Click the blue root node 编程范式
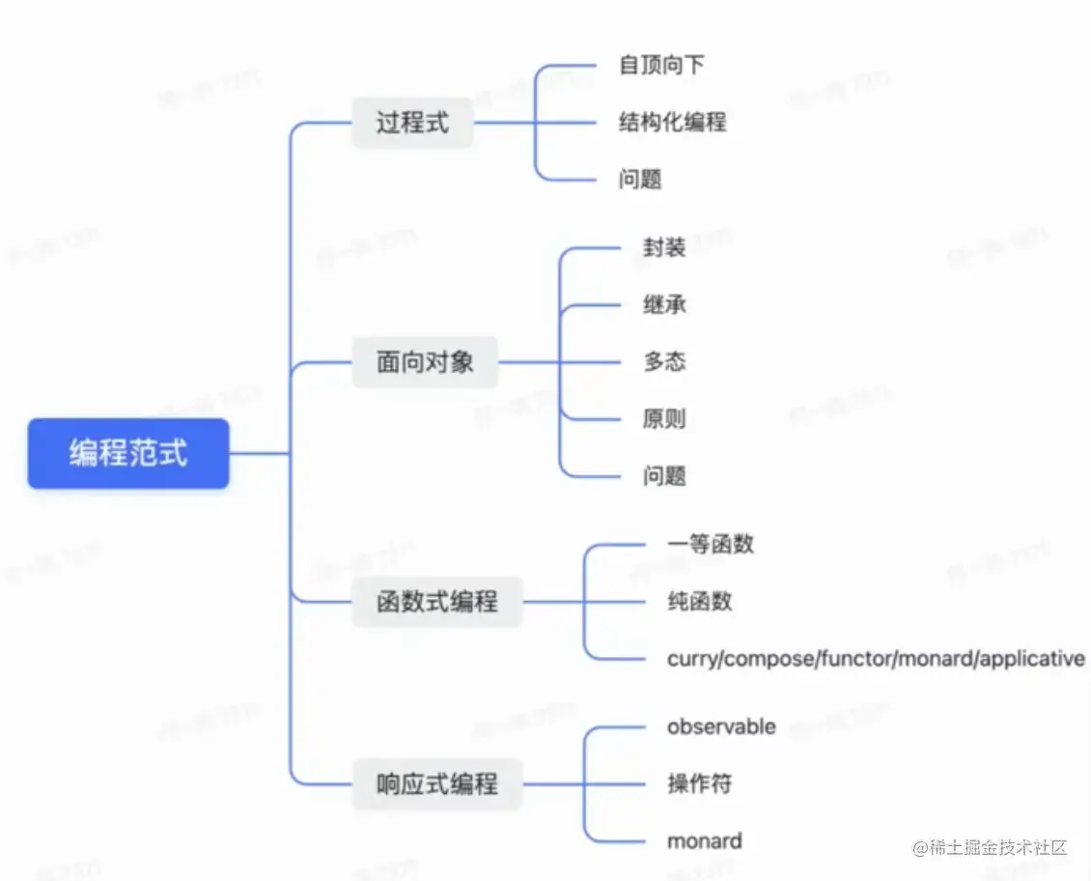128,453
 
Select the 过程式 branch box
412,123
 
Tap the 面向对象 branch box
425,362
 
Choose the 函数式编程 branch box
436,602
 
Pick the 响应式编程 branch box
436,783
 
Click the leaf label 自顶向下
661,65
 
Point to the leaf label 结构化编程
672,122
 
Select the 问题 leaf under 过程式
640,180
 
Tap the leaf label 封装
664,247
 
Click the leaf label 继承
664,304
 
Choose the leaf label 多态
664,361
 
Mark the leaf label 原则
664,418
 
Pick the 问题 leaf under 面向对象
664,475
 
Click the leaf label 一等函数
710,544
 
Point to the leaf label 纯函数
699,601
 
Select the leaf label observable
721,726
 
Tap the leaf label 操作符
699,783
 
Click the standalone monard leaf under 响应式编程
704,840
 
